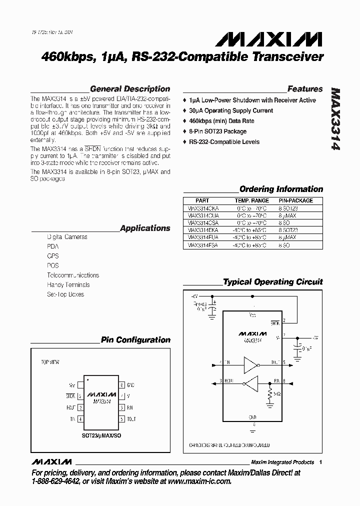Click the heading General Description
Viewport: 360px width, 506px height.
coord(130,89)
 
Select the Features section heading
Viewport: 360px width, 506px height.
coord(305,89)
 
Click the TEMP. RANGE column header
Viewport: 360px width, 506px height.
coord(252,200)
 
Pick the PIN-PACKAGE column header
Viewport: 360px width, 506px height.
coord(295,200)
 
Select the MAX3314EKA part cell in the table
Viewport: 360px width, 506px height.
coord(202,230)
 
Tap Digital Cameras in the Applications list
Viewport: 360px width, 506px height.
coord(67,237)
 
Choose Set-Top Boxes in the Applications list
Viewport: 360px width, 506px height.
coord(65,294)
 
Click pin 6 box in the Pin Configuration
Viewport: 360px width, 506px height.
coord(121,407)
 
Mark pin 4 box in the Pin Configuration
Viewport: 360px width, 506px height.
coord(80,419)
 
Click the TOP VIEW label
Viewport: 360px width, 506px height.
coord(49,361)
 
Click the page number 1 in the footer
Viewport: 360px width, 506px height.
coord(320,462)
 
